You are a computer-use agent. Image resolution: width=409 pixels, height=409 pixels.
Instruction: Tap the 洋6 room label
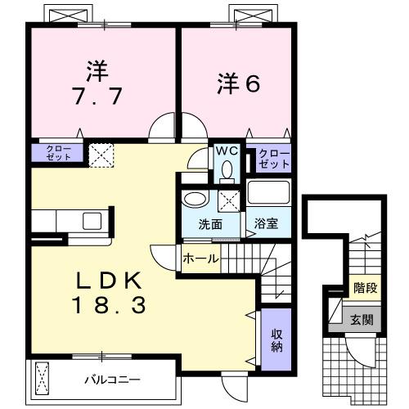[x=238, y=83]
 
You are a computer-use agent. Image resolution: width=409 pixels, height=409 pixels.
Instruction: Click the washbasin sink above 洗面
[x=195, y=199]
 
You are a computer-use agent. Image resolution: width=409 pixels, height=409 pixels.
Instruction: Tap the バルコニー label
[x=111, y=380]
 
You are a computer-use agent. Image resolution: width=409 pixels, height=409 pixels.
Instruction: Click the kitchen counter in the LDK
[x=70, y=221]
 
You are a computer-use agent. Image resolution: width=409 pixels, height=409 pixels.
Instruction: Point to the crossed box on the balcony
[x=43, y=379]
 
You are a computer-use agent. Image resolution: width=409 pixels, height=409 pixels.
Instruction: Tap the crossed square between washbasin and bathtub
[x=230, y=199]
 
